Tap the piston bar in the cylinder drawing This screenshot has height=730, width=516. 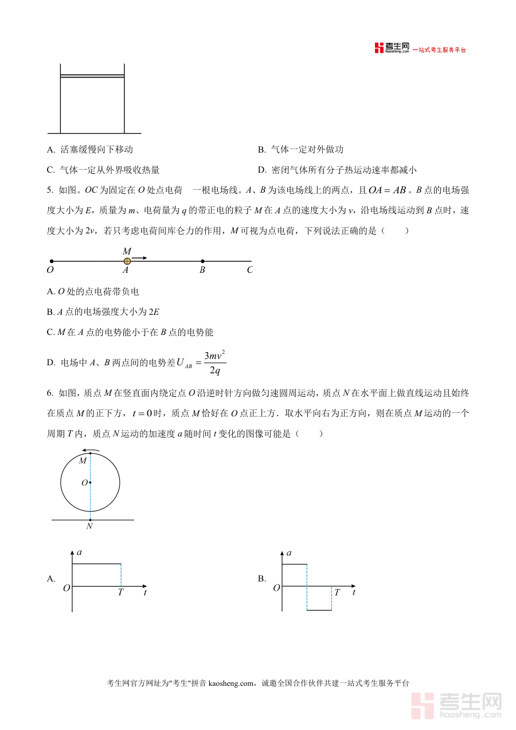[x=92, y=76]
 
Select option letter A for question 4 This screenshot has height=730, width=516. [x=51, y=150]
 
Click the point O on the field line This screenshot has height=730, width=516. [x=52, y=261]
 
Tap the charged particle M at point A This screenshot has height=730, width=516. [x=127, y=261]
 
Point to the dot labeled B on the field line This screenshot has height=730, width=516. [x=202, y=261]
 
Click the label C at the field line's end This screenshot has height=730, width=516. [x=249, y=270]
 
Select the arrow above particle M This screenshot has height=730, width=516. [x=140, y=258]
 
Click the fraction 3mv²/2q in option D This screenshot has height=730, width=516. [x=215, y=362]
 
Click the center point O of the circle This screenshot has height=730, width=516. [x=90, y=483]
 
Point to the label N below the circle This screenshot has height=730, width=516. [x=89, y=526]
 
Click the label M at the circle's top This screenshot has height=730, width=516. [x=83, y=460]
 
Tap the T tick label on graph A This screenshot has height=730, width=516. [x=120, y=592]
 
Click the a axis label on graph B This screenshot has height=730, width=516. [x=289, y=553]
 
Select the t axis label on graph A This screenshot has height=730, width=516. [x=144, y=592]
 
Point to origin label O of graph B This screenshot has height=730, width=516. [x=276, y=588]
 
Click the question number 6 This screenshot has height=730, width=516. [x=50, y=393]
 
